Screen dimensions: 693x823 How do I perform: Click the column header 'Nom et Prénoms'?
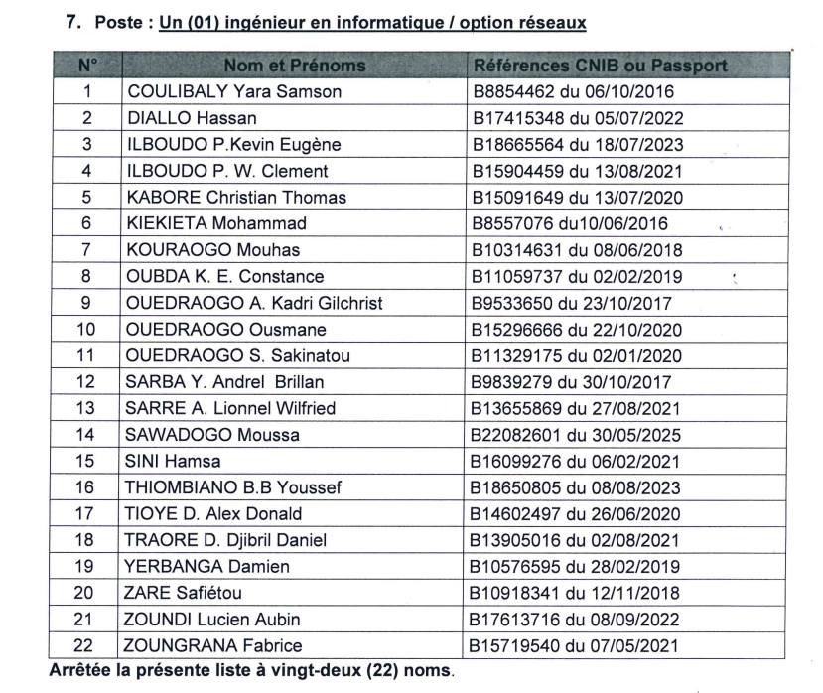point(294,66)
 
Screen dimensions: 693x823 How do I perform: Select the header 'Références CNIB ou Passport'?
point(600,66)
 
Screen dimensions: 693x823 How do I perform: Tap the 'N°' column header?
point(87,66)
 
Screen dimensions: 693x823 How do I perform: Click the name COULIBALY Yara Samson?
point(233,92)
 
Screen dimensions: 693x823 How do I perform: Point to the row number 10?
point(87,329)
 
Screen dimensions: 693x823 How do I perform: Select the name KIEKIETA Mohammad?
point(215,223)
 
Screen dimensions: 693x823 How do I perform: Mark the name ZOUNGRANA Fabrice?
point(213,645)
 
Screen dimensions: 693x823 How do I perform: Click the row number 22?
point(87,645)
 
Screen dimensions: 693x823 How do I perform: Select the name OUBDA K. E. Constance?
point(224,276)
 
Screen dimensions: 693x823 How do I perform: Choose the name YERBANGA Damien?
point(207,566)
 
